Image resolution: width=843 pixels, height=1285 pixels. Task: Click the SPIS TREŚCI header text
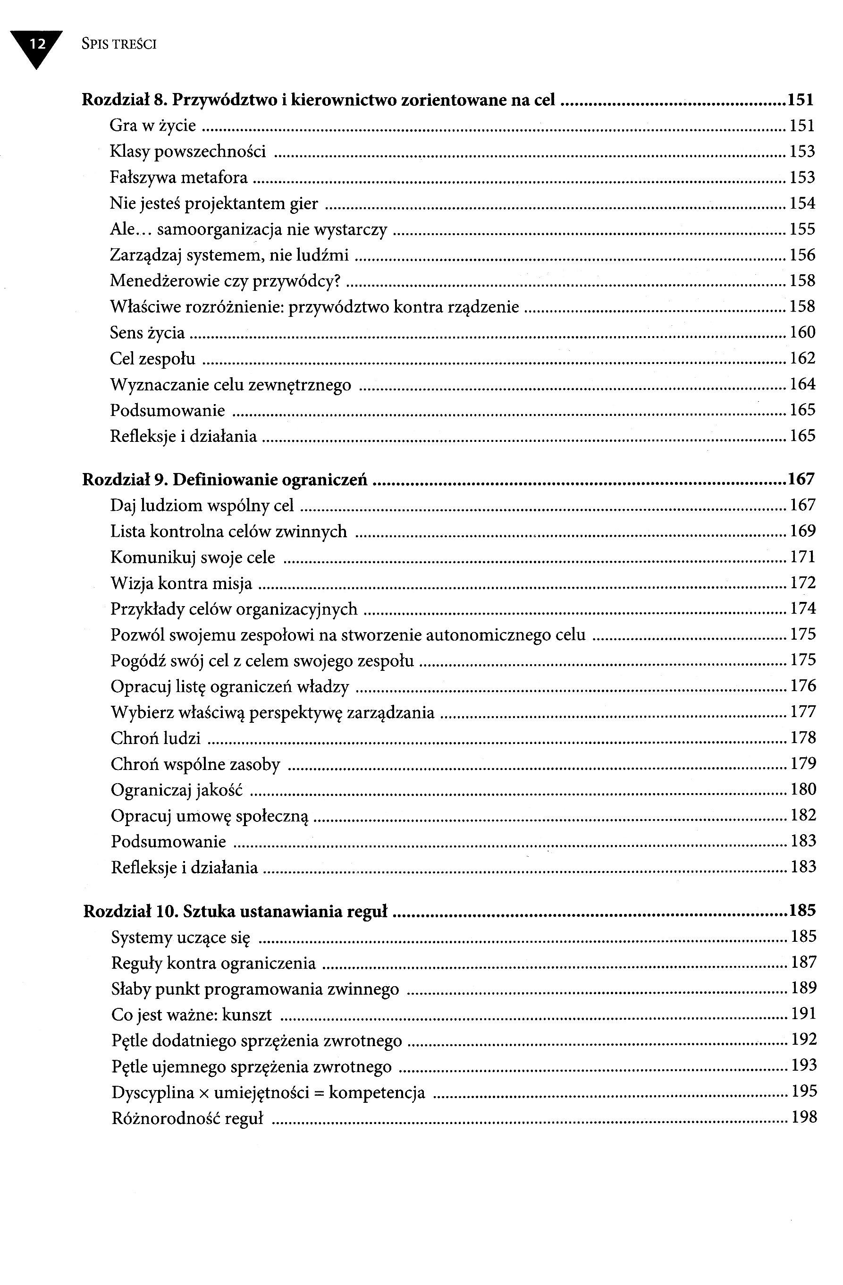[x=119, y=44]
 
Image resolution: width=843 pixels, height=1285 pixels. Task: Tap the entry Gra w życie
[x=153, y=126]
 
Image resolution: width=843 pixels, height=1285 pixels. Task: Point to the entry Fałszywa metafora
[x=178, y=178]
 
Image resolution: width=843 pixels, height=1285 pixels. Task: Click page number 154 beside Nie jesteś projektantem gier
[x=802, y=203]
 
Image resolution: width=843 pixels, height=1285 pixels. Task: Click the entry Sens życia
[x=147, y=333]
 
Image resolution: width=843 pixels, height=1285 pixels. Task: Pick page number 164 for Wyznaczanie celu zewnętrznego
[x=802, y=384]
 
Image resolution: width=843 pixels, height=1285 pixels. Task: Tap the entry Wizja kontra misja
[x=181, y=583]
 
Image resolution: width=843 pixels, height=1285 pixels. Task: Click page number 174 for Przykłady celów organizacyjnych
[x=802, y=609]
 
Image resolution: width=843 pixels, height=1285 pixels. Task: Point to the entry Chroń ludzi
[x=155, y=738]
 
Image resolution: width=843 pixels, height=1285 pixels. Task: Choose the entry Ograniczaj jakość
[x=177, y=790]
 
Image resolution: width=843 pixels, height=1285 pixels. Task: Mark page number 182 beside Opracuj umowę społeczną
[x=803, y=815]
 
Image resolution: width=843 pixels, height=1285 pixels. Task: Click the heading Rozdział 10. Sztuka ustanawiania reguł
[x=236, y=912]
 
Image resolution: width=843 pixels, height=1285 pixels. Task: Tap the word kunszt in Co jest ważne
[x=247, y=1015]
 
